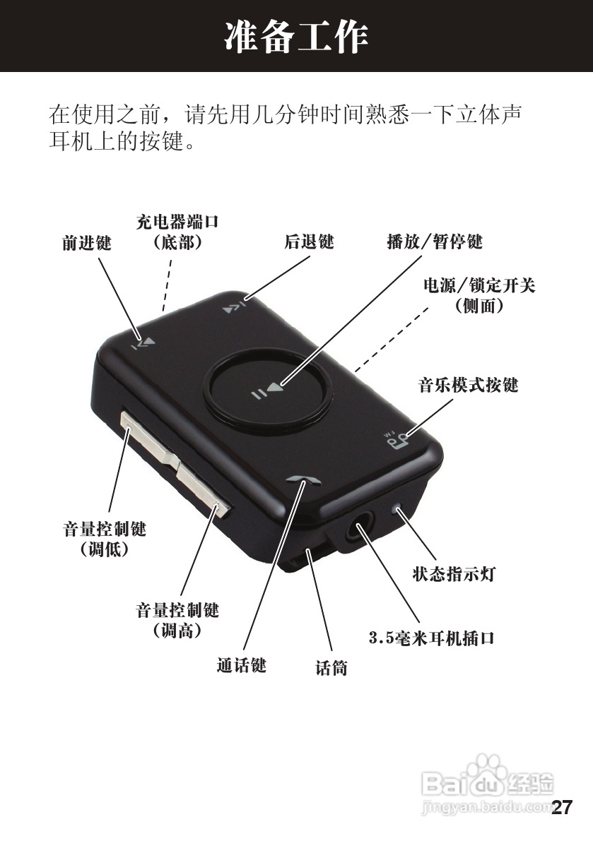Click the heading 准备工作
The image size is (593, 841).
(296, 37)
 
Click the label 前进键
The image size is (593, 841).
(87, 243)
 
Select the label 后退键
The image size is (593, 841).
(309, 241)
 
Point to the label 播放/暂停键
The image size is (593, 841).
(434, 241)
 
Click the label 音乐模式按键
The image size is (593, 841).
(469, 385)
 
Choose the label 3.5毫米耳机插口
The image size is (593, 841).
(432, 638)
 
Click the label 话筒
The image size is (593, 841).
(331, 667)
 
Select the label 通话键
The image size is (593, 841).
(241, 665)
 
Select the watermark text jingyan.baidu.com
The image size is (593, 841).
(486, 806)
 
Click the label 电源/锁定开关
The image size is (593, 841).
(479, 286)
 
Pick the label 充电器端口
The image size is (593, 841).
(177, 222)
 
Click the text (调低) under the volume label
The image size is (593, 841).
(105, 548)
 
